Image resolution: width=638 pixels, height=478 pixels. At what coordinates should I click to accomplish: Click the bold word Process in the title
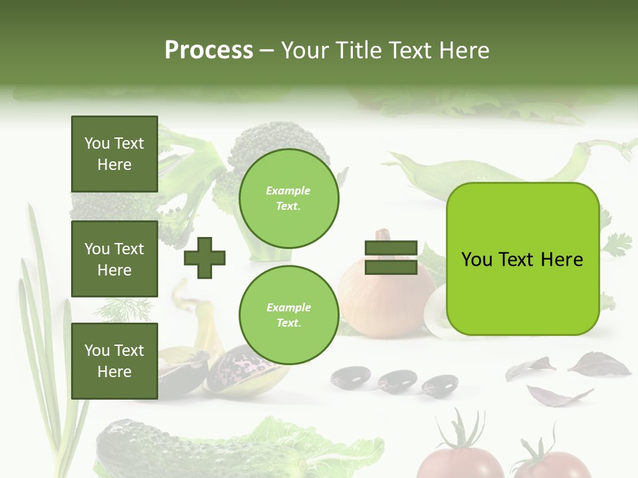[209, 50]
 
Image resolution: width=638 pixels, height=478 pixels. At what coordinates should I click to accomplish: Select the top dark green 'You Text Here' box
[114, 154]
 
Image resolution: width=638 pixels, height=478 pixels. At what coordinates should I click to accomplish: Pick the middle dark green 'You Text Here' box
[114, 259]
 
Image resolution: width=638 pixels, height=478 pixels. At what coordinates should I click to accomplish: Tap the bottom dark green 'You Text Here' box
[114, 360]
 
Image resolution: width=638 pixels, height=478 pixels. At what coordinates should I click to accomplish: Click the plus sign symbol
[205, 258]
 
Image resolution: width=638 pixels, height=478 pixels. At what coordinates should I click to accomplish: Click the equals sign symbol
[391, 258]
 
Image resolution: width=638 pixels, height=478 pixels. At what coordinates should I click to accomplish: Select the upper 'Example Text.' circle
[288, 199]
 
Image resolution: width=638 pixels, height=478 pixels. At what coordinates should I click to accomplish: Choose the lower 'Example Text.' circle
[288, 315]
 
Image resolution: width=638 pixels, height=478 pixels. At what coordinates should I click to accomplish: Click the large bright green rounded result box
[522, 259]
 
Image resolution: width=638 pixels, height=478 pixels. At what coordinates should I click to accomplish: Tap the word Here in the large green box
[562, 259]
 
